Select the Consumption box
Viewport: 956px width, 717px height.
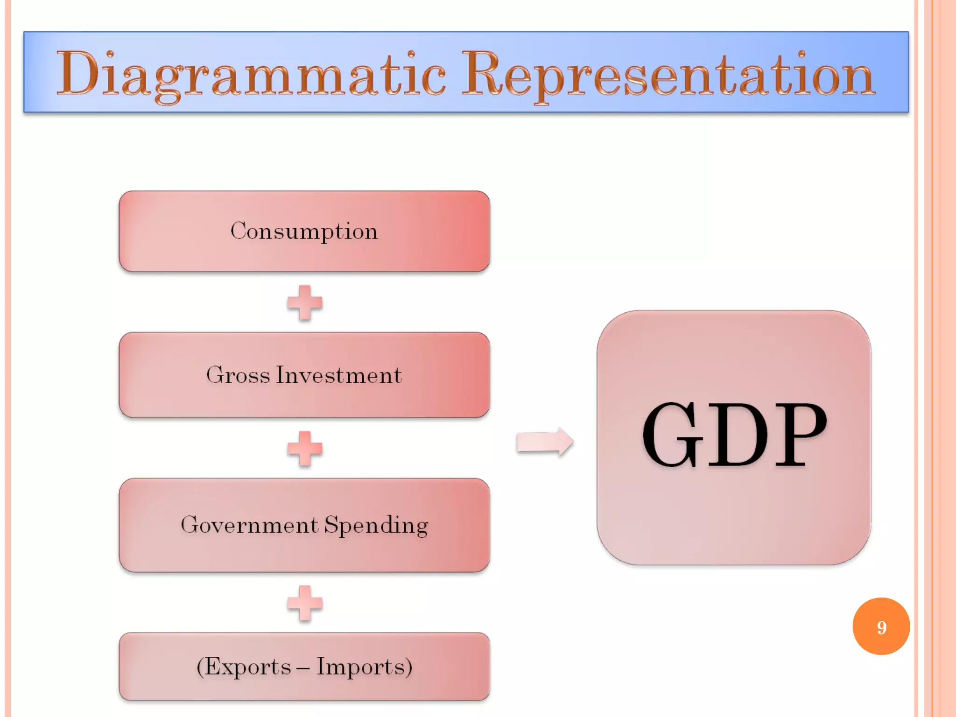pos(304,231)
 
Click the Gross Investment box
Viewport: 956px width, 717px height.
pos(304,375)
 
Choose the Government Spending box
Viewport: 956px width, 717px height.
pos(304,525)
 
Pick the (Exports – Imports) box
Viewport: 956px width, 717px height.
pos(304,667)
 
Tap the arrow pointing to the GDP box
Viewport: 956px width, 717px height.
pos(545,442)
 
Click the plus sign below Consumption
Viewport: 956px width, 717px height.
pos(305,303)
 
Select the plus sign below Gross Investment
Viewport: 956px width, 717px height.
pos(305,449)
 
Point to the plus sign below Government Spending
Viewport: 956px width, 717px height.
pos(305,603)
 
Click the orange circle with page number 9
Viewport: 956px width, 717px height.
pos(881,626)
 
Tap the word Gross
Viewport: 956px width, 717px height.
pos(238,375)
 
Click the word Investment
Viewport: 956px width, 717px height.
pos(339,375)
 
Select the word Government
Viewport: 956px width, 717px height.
pos(249,525)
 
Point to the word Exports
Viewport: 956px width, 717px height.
pos(248,667)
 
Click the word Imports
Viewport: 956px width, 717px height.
pos(360,667)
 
